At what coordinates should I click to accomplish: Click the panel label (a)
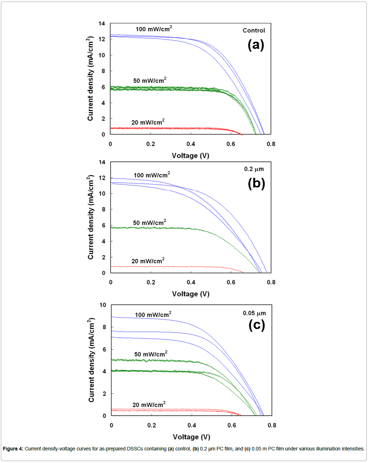click(x=256, y=45)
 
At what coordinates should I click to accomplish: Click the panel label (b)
click(x=256, y=183)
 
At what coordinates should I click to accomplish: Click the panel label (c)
click(x=257, y=325)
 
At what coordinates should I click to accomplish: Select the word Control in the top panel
click(x=254, y=31)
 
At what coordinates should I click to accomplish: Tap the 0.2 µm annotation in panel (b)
click(x=254, y=169)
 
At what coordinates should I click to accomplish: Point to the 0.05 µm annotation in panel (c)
click(x=254, y=313)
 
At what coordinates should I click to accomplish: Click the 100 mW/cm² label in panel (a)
click(x=153, y=29)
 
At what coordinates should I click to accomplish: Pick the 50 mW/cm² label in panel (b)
click(x=150, y=223)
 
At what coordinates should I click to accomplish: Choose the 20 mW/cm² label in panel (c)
click(x=149, y=405)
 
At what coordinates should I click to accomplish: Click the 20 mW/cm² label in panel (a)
click(x=148, y=122)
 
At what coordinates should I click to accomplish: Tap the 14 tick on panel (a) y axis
click(x=102, y=24)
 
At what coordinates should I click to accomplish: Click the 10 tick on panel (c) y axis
click(x=103, y=305)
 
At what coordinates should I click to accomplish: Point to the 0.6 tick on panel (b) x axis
click(x=231, y=282)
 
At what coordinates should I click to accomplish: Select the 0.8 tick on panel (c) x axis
click(x=272, y=425)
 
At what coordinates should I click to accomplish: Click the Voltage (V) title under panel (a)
click(x=190, y=156)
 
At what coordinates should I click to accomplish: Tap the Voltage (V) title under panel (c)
click(x=191, y=437)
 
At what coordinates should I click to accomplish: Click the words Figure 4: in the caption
click(x=13, y=449)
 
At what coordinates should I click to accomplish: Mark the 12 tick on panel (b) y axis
click(x=102, y=178)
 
